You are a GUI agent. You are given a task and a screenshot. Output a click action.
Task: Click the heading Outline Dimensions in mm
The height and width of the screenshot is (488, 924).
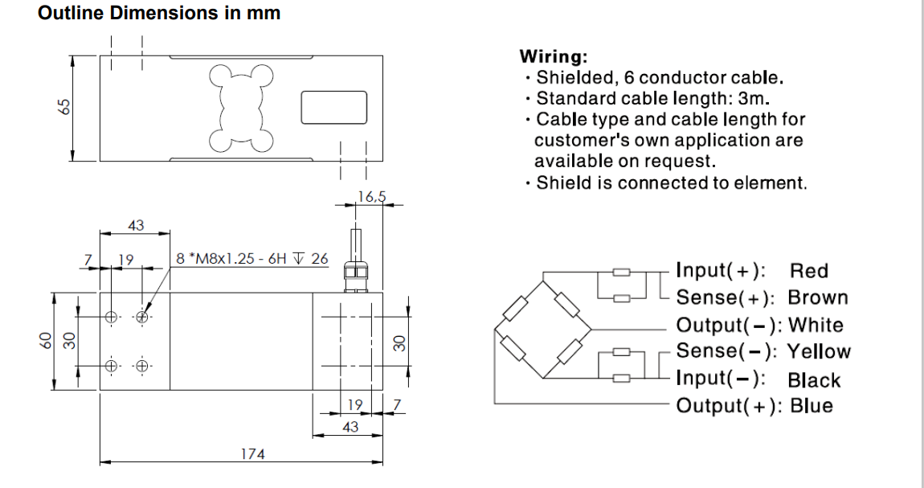pyautogui.click(x=159, y=14)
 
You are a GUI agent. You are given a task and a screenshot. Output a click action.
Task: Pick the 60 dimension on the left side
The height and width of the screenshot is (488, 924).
pyautogui.click(x=45, y=342)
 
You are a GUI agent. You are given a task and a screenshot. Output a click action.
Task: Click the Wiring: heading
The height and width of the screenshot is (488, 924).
pyautogui.click(x=554, y=57)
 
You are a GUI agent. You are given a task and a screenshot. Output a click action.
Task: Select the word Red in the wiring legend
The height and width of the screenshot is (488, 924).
pyautogui.click(x=808, y=271)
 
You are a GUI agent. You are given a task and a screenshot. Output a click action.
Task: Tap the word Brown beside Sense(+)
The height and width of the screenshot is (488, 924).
pyautogui.click(x=817, y=297)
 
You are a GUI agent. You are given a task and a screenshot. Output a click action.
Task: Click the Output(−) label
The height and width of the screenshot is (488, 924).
pyautogui.click(x=730, y=326)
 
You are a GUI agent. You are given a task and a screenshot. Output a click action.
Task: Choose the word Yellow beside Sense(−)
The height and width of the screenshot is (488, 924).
pyautogui.click(x=819, y=351)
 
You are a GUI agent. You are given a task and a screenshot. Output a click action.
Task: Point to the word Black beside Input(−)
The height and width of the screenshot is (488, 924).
pyautogui.click(x=814, y=380)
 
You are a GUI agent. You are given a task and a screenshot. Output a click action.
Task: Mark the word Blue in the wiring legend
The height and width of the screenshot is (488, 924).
pyautogui.click(x=812, y=405)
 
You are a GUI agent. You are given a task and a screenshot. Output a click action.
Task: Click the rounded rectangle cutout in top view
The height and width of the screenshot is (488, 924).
pyautogui.click(x=333, y=108)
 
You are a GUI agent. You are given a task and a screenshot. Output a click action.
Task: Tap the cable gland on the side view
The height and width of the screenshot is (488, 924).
pyautogui.click(x=354, y=273)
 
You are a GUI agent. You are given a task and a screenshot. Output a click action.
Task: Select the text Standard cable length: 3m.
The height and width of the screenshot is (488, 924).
pyautogui.click(x=652, y=99)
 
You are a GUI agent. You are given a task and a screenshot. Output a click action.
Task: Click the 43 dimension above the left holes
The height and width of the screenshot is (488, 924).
pyautogui.click(x=136, y=226)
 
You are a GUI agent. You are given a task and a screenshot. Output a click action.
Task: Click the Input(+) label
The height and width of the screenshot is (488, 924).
pyautogui.click(x=721, y=271)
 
